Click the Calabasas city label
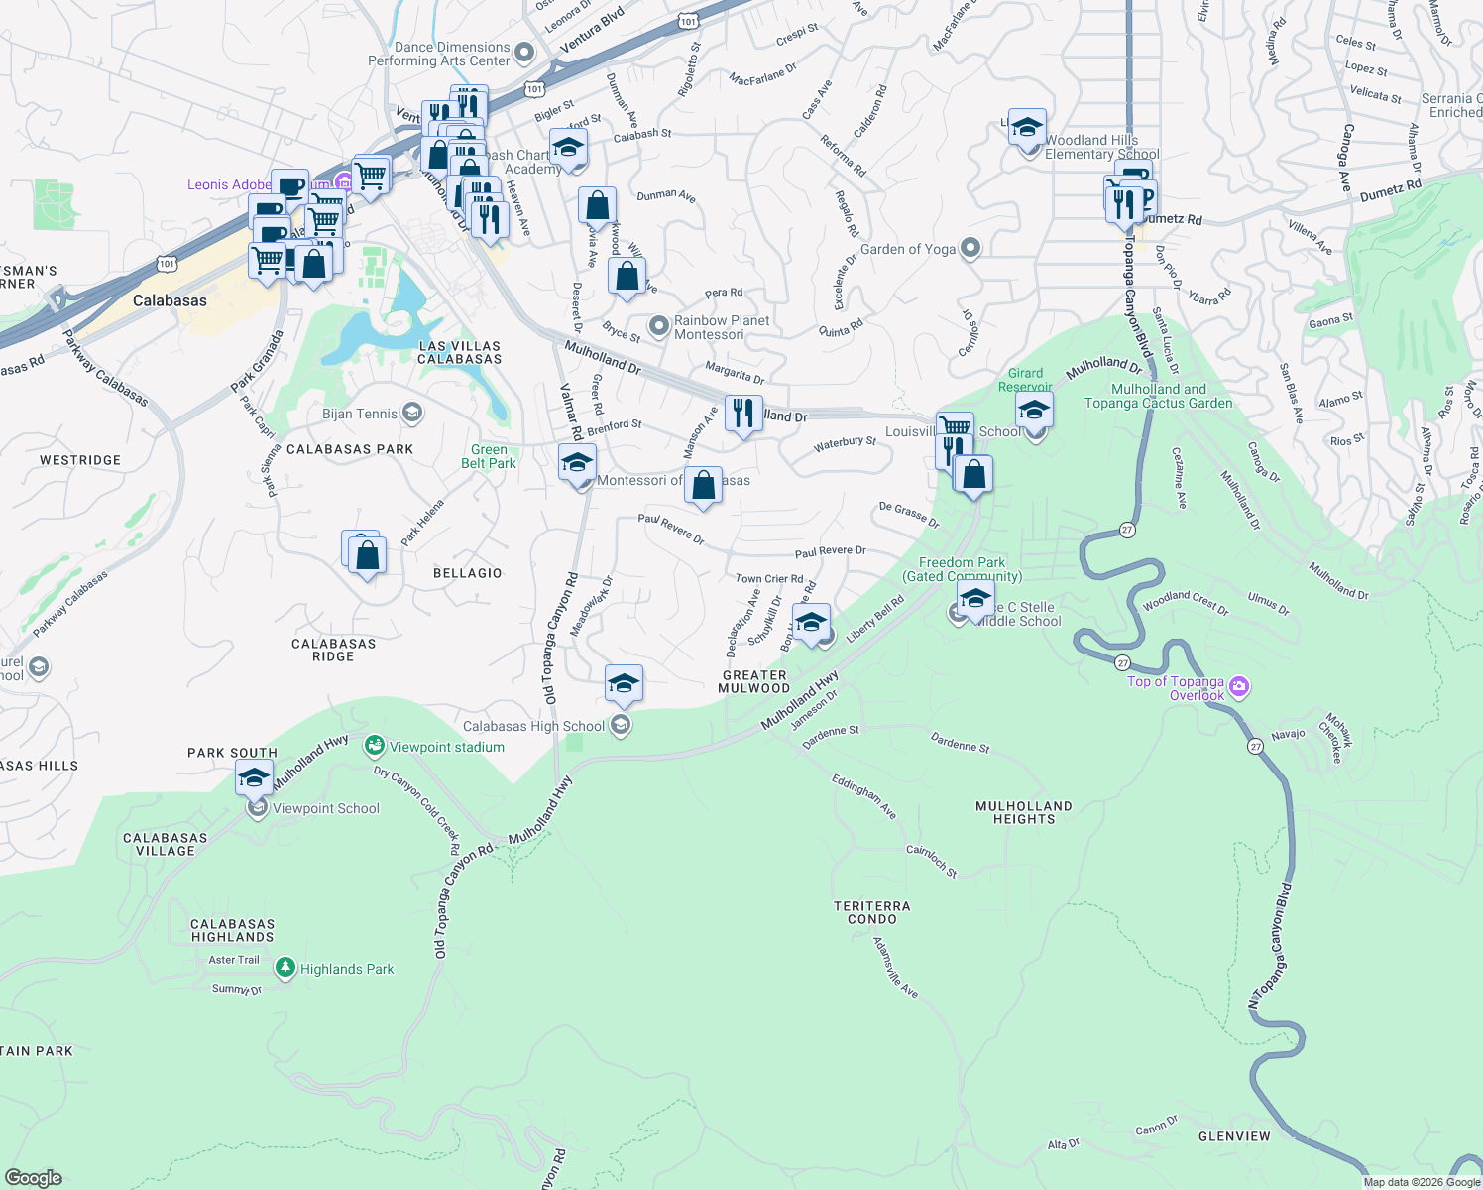point(170,300)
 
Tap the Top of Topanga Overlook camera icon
point(1238,686)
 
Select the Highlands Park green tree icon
point(285,968)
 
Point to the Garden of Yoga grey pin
point(970,248)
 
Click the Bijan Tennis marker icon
point(411,414)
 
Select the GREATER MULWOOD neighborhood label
point(754,681)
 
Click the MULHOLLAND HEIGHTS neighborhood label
point(1023,812)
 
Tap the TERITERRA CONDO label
point(871,912)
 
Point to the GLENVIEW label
point(1233,1136)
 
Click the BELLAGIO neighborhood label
point(467,573)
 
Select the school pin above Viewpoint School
point(254,778)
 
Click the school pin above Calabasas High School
point(624,684)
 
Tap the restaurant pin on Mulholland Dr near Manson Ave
point(743,413)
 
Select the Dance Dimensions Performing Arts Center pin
point(524,53)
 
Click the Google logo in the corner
point(34,1177)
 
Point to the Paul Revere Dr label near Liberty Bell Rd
point(830,550)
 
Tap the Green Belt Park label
point(488,456)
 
